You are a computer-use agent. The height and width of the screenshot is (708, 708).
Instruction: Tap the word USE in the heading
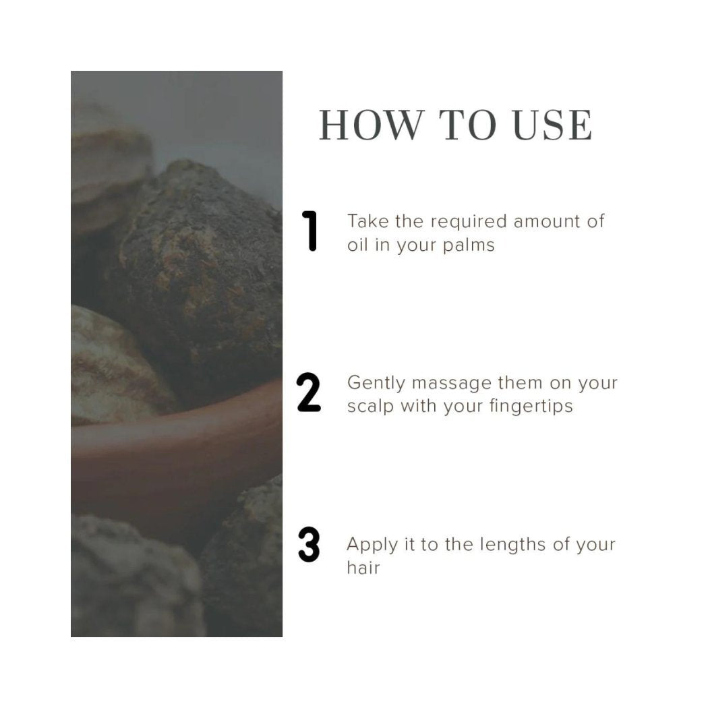pyautogui.click(x=553, y=125)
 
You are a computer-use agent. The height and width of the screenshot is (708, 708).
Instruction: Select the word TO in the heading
pyautogui.click(x=468, y=125)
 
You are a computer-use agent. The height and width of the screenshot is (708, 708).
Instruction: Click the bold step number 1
pyautogui.click(x=310, y=231)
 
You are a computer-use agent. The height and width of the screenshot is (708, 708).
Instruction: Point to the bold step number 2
pyautogui.click(x=309, y=392)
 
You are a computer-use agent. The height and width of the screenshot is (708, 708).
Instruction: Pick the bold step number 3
pyautogui.click(x=309, y=545)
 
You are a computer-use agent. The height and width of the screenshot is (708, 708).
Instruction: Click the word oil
pyautogui.click(x=357, y=245)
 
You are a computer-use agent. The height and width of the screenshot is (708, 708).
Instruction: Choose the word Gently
pyautogui.click(x=376, y=384)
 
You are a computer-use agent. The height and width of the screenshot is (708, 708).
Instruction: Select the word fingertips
pyautogui.click(x=531, y=407)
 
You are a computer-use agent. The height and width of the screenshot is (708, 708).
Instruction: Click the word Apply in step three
pyautogui.click(x=372, y=545)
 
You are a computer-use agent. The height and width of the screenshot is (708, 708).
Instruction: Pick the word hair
pyautogui.click(x=363, y=567)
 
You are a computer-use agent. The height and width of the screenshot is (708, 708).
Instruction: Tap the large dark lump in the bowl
pyautogui.click(x=199, y=275)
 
